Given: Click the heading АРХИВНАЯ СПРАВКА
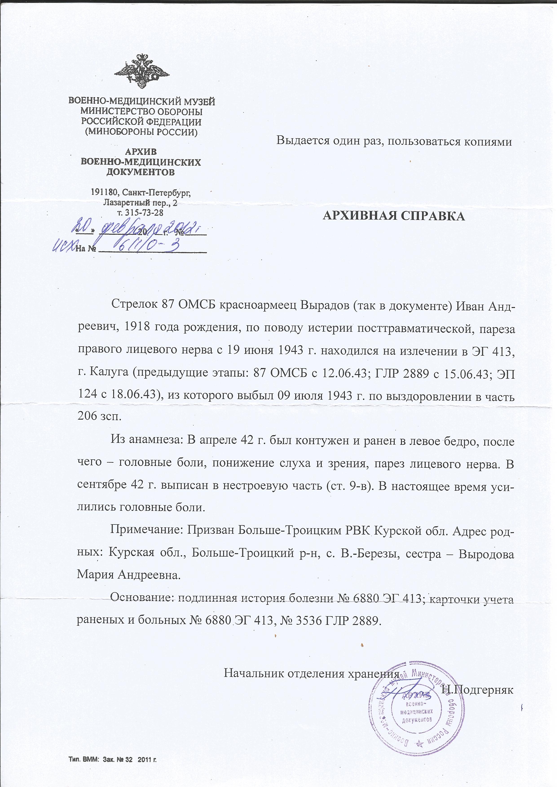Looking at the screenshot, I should click(394, 216).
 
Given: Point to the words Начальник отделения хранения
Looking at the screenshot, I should click(312, 664).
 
